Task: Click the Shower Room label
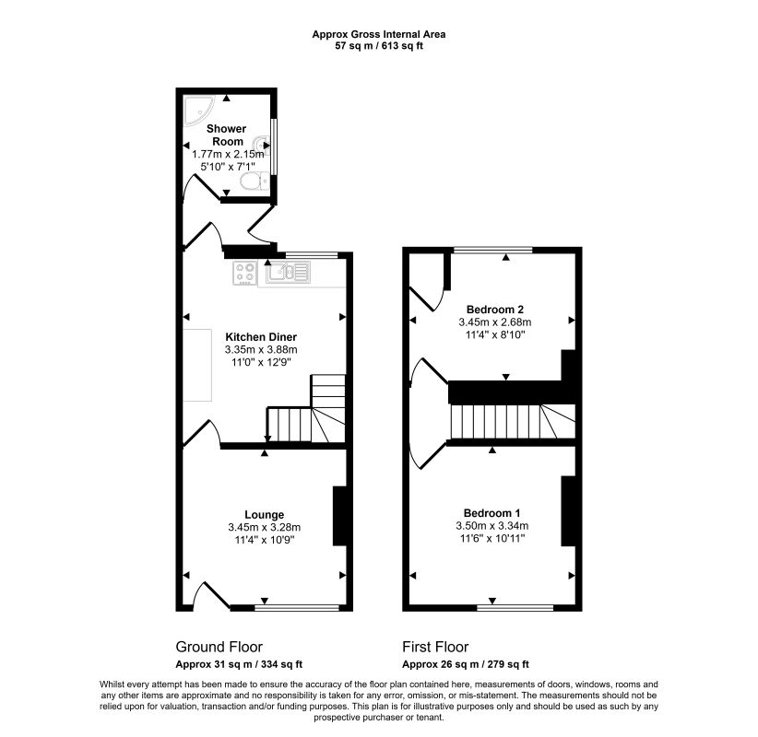(227, 135)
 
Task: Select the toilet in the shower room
(255, 181)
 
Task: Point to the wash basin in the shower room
(262, 144)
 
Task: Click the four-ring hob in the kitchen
(245, 273)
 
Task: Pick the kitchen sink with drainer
(289, 272)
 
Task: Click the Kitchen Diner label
(261, 337)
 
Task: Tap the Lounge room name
(265, 515)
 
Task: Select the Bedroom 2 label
(495, 310)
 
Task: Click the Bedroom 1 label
(492, 513)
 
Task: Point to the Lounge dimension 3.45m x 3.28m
(265, 527)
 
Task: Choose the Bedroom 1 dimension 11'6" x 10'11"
(492, 539)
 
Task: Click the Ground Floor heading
(219, 647)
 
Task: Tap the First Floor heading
(435, 647)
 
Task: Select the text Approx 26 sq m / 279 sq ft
(466, 664)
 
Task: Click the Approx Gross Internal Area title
(379, 34)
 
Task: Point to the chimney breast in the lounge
(340, 516)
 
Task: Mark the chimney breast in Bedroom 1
(568, 511)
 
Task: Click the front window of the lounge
(297, 608)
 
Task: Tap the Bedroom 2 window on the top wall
(493, 251)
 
